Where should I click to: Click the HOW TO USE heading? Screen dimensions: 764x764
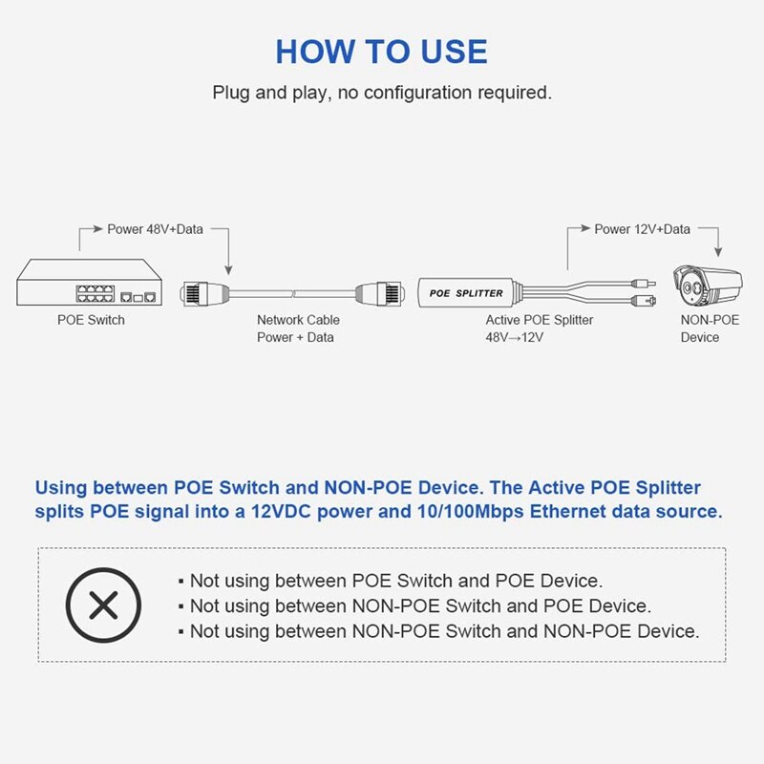click(381, 51)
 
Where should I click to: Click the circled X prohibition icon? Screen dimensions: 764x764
click(103, 605)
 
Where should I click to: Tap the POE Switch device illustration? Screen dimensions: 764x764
click(91, 285)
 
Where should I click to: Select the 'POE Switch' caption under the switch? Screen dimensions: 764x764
click(91, 320)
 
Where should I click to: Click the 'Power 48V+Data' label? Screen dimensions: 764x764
click(154, 229)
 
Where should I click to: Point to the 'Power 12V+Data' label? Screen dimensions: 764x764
click(642, 229)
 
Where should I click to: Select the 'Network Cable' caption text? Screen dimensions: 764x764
click(298, 320)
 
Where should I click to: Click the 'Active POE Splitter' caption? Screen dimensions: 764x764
click(540, 320)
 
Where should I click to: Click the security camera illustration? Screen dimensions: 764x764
click(708, 286)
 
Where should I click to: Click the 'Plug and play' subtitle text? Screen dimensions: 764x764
click(381, 94)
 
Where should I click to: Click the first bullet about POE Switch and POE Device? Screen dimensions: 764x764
click(395, 581)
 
